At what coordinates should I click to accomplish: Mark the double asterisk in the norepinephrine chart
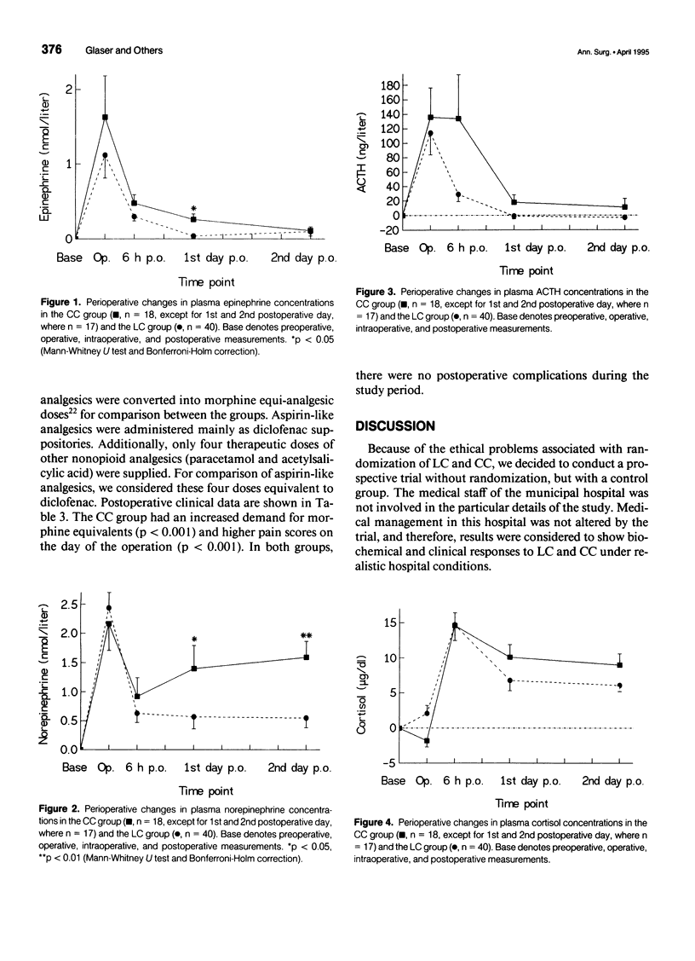coord(307,636)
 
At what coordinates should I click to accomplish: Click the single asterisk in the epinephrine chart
coord(194,208)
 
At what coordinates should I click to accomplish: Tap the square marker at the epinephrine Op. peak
coord(105,117)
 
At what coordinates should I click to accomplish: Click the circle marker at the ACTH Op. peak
coord(431,133)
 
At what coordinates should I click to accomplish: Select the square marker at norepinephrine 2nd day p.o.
coord(307,657)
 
